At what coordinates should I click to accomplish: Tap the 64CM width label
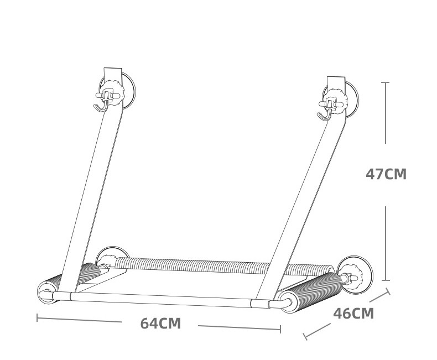160,324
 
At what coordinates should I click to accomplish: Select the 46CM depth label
353,314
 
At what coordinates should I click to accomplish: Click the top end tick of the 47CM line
386,82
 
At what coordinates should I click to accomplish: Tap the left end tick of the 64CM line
37,317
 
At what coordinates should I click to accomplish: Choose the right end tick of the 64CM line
280,329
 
